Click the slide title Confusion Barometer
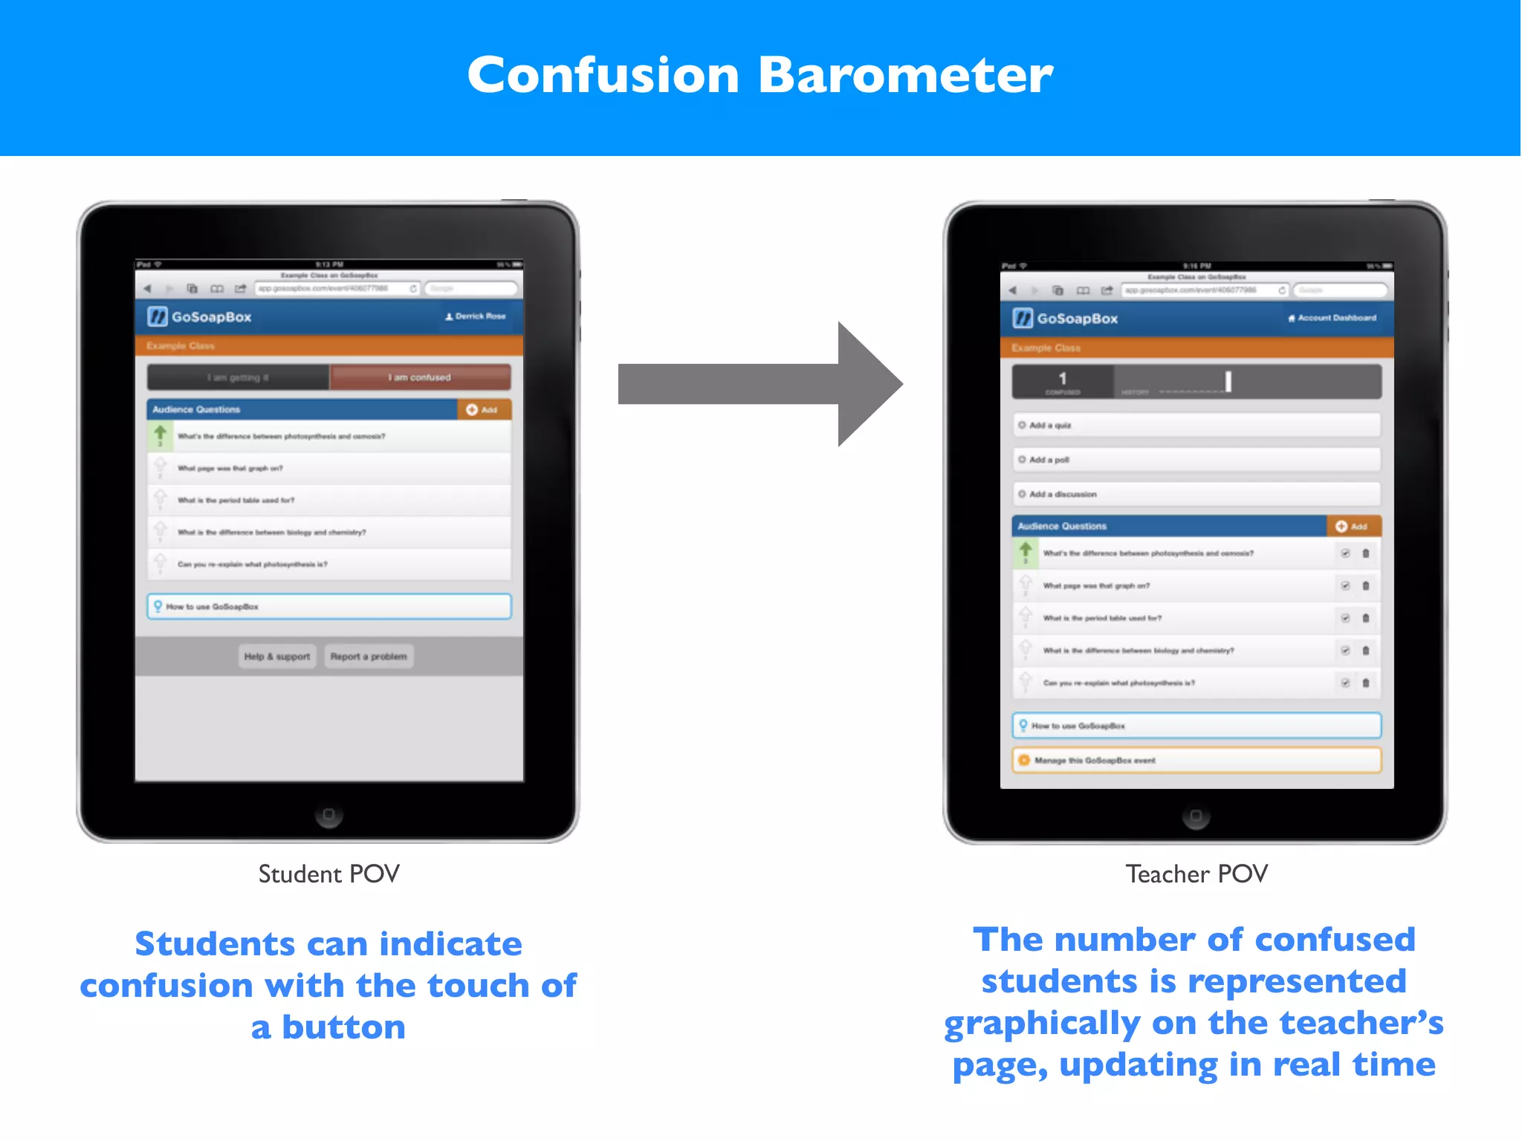click(760, 75)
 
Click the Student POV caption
click(328, 874)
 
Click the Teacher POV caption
click(1196, 874)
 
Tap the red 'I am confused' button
click(420, 377)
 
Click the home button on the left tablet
click(328, 815)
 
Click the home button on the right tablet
click(1195, 816)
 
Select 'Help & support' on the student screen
click(277, 657)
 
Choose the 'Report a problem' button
click(369, 657)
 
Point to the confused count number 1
click(1062, 379)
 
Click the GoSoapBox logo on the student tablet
click(199, 317)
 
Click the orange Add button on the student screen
click(483, 410)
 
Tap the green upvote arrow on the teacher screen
click(1026, 550)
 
